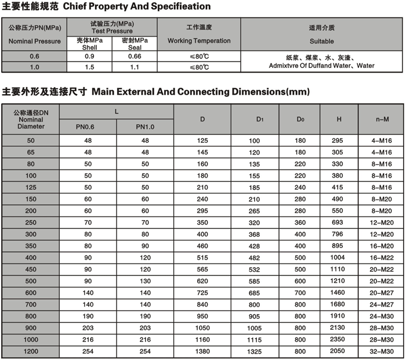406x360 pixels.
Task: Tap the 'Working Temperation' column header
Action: [x=199, y=41]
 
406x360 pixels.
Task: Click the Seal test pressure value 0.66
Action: [x=135, y=56]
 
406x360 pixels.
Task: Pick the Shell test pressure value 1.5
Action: [x=90, y=67]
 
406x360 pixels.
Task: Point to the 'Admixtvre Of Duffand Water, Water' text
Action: [x=322, y=66]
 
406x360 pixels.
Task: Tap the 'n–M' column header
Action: [x=382, y=120]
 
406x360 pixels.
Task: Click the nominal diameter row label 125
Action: [x=31, y=188]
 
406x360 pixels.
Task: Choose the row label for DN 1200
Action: [x=31, y=352]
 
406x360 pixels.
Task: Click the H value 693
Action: [x=337, y=223]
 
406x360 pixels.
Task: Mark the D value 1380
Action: [x=202, y=352]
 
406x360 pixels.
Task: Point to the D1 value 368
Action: [x=255, y=235]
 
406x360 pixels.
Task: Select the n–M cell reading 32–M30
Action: [x=382, y=352]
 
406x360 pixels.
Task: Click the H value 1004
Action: [x=337, y=258]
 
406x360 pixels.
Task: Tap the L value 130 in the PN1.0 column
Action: [x=145, y=282]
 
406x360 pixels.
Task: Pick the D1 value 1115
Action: [x=255, y=340]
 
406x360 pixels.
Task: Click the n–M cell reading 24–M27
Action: [x=382, y=305]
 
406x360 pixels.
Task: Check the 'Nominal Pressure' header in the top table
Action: [x=35, y=41]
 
